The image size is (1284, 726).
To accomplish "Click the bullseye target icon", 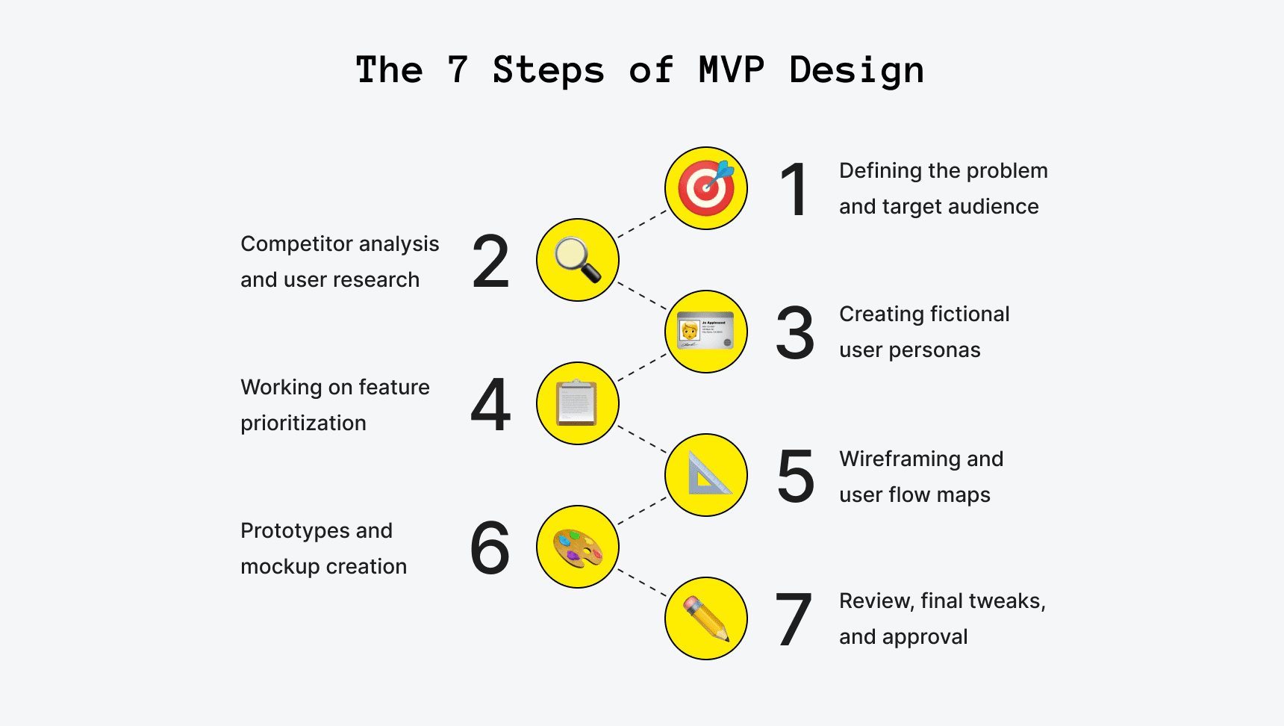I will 706,188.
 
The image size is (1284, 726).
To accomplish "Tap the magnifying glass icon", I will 578,260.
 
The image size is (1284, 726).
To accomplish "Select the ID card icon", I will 706,332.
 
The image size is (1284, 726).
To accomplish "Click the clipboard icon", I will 578,403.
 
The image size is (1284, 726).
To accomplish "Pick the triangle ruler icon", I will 706,475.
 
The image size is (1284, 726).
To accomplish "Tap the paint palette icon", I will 578,547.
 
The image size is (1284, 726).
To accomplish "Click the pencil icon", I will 706,618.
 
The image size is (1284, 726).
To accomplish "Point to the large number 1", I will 794,190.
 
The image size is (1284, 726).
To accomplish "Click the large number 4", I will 490,405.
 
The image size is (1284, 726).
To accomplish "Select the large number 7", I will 794,620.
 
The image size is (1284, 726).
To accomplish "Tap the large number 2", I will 490,261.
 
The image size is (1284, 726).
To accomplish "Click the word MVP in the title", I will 731,70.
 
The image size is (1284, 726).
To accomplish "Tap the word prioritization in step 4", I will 303,423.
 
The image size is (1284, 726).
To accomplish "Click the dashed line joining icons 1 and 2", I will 642,224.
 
